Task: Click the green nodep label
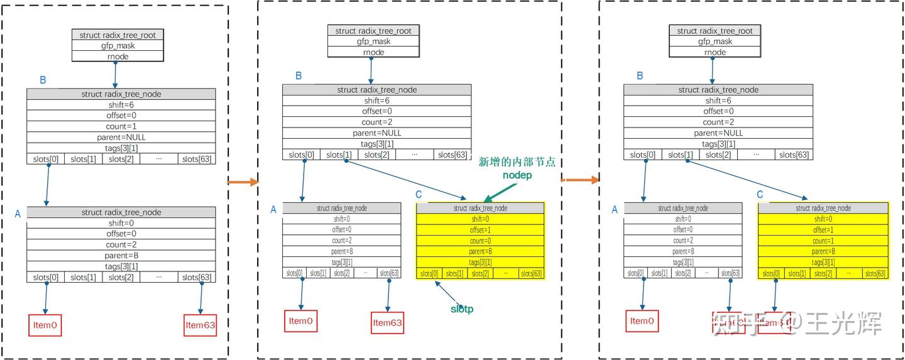click(x=517, y=175)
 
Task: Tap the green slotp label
click(x=461, y=308)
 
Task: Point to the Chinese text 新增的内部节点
click(x=517, y=161)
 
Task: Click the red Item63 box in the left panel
click(x=200, y=325)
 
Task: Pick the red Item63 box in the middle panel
click(x=387, y=323)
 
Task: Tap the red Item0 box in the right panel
click(x=642, y=321)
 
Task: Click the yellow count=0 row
click(x=480, y=241)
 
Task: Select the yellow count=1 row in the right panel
click(x=823, y=241)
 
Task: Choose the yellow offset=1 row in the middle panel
click(x=480, y=230)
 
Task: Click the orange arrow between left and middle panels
click(x=243, y=182)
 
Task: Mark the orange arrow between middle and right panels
click(x=579, y=180)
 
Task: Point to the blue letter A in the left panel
click(x=18, y=214)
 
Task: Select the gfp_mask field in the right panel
click(x=715, y=41)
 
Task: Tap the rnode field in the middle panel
click(x=373, y=52)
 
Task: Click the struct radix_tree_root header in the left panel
click(x=118, y=35)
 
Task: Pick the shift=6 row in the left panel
click(x=121, y=105)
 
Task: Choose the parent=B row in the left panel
click(x=121, y=256)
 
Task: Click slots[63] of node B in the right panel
click(x=794, y=155)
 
